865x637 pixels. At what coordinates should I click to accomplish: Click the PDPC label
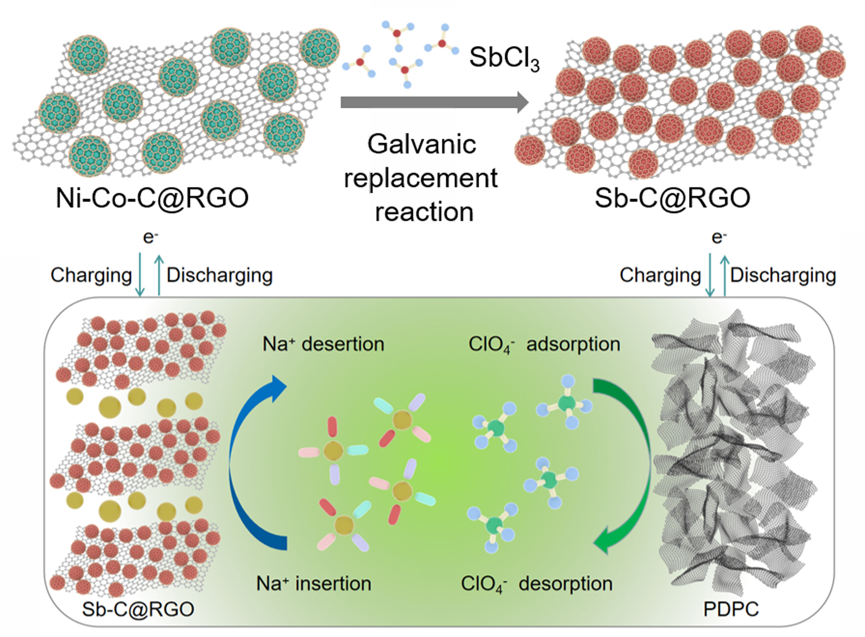point(731,609)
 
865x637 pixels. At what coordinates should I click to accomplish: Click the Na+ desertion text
point(323,344)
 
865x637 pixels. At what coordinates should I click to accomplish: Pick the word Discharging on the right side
point(783,275)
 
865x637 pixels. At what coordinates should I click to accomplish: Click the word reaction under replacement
point(424,212)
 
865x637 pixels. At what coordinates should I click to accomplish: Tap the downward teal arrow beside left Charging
point(140,275)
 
